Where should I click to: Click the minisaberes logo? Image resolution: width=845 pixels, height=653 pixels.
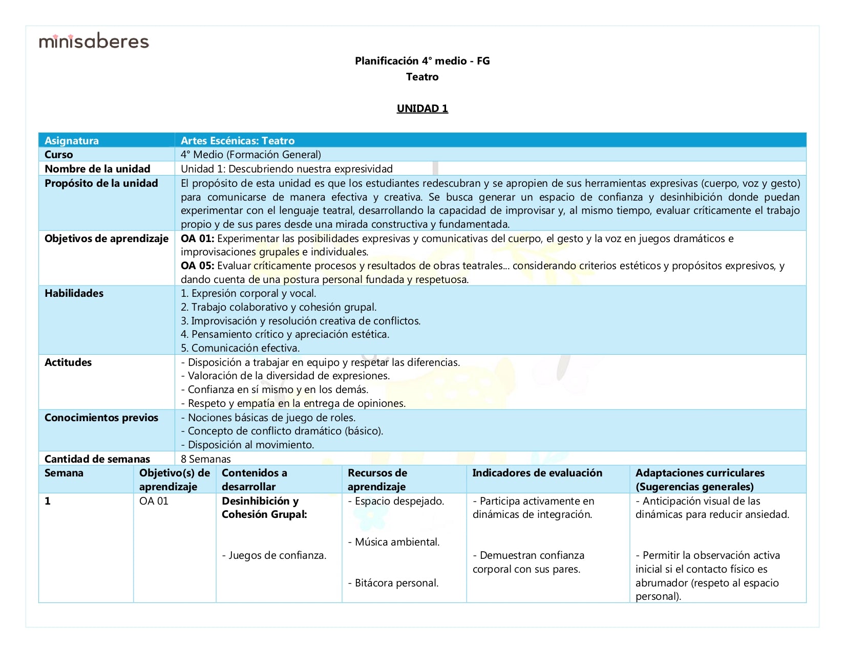(94, 40)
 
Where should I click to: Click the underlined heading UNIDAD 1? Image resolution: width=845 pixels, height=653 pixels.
(422, 108)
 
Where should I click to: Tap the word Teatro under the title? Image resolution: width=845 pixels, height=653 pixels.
(422, 77)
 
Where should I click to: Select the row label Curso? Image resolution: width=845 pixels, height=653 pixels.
(59, 155)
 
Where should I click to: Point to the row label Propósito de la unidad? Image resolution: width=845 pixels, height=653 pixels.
(101, 183)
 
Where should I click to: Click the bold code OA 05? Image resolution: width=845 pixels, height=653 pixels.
(197, 266)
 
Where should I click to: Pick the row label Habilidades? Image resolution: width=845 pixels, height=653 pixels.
(74, 293)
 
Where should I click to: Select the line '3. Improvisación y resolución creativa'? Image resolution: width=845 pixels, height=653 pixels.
(301, 321)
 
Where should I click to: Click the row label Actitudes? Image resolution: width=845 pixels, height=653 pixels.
(68, 362)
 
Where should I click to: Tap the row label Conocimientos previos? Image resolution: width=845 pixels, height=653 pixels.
(101, 418)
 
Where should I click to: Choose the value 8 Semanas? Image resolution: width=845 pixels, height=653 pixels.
(206, 459)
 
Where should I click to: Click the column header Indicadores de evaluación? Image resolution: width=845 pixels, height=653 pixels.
(537, 473)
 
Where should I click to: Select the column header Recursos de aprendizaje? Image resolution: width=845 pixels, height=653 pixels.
(377, 480)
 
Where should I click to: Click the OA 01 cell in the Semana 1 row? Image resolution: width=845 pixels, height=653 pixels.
(154, 501)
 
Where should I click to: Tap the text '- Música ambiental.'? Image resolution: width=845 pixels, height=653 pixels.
(394, 542)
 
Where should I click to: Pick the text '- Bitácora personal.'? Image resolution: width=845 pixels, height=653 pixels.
(393, 583)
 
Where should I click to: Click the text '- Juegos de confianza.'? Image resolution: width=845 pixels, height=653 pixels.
(274, 555)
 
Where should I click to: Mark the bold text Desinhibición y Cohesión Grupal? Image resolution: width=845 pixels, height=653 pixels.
(264, 508)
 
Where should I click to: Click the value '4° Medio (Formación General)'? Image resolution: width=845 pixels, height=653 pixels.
(251, 155)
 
